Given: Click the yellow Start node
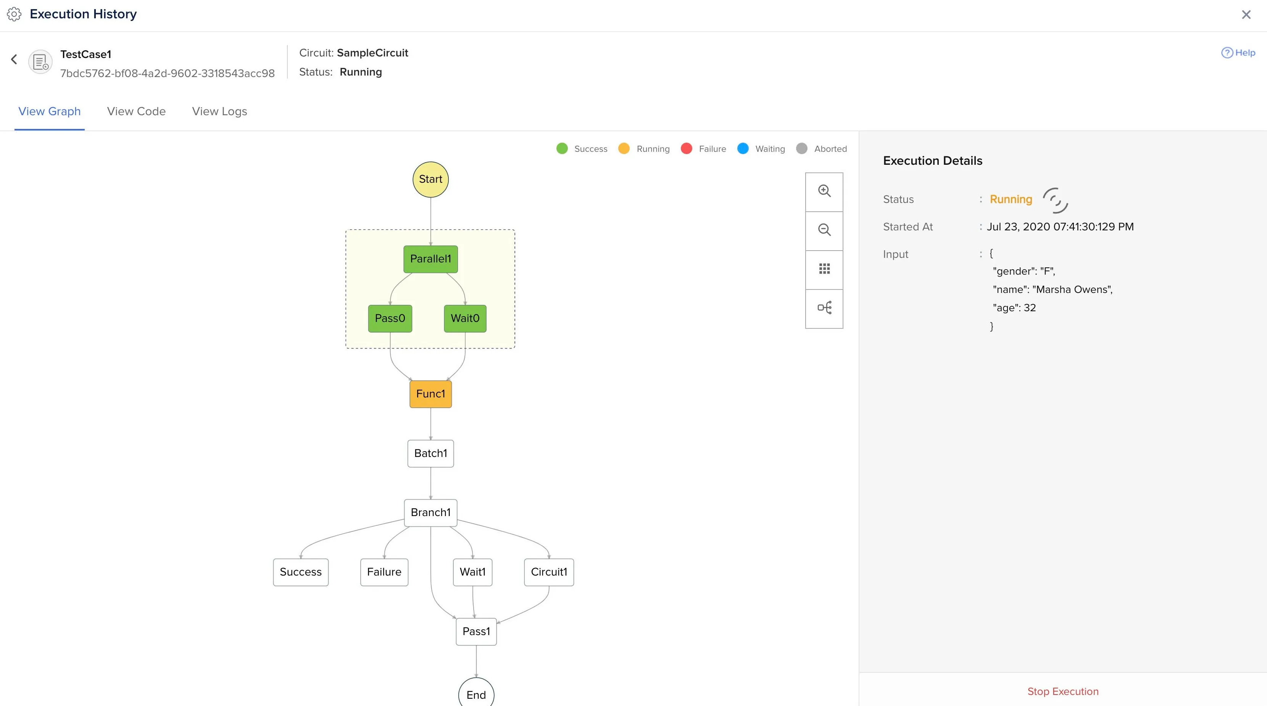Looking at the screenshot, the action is pos(430,179).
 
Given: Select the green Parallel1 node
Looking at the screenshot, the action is pos(430,259).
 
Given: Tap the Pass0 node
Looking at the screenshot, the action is pos(390,318).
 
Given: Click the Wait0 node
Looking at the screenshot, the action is pos(465,318).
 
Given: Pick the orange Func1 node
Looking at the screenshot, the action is pos(430,394).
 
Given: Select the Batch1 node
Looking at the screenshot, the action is pos(430,453).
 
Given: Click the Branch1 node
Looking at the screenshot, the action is pos(430,513).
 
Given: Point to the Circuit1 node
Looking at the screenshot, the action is pos(549,572).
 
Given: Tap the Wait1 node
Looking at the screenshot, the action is pos(472,572).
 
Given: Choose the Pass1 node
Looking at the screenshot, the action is pos(476,632).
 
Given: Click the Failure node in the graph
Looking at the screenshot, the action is pos(384,572).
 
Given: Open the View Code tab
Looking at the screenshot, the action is pos(136,112).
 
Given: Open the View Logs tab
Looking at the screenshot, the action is pos(219,112).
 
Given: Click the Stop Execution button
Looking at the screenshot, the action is pos(1063,691).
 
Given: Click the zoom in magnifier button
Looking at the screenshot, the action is pos(824,191).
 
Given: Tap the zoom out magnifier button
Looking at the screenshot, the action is pos(824,230).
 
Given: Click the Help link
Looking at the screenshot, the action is pos(1238,53).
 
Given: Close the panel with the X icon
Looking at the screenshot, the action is pos(1246,15).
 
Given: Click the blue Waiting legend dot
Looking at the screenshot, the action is pos(743,148).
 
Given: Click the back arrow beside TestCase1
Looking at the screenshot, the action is pos(14,60).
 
